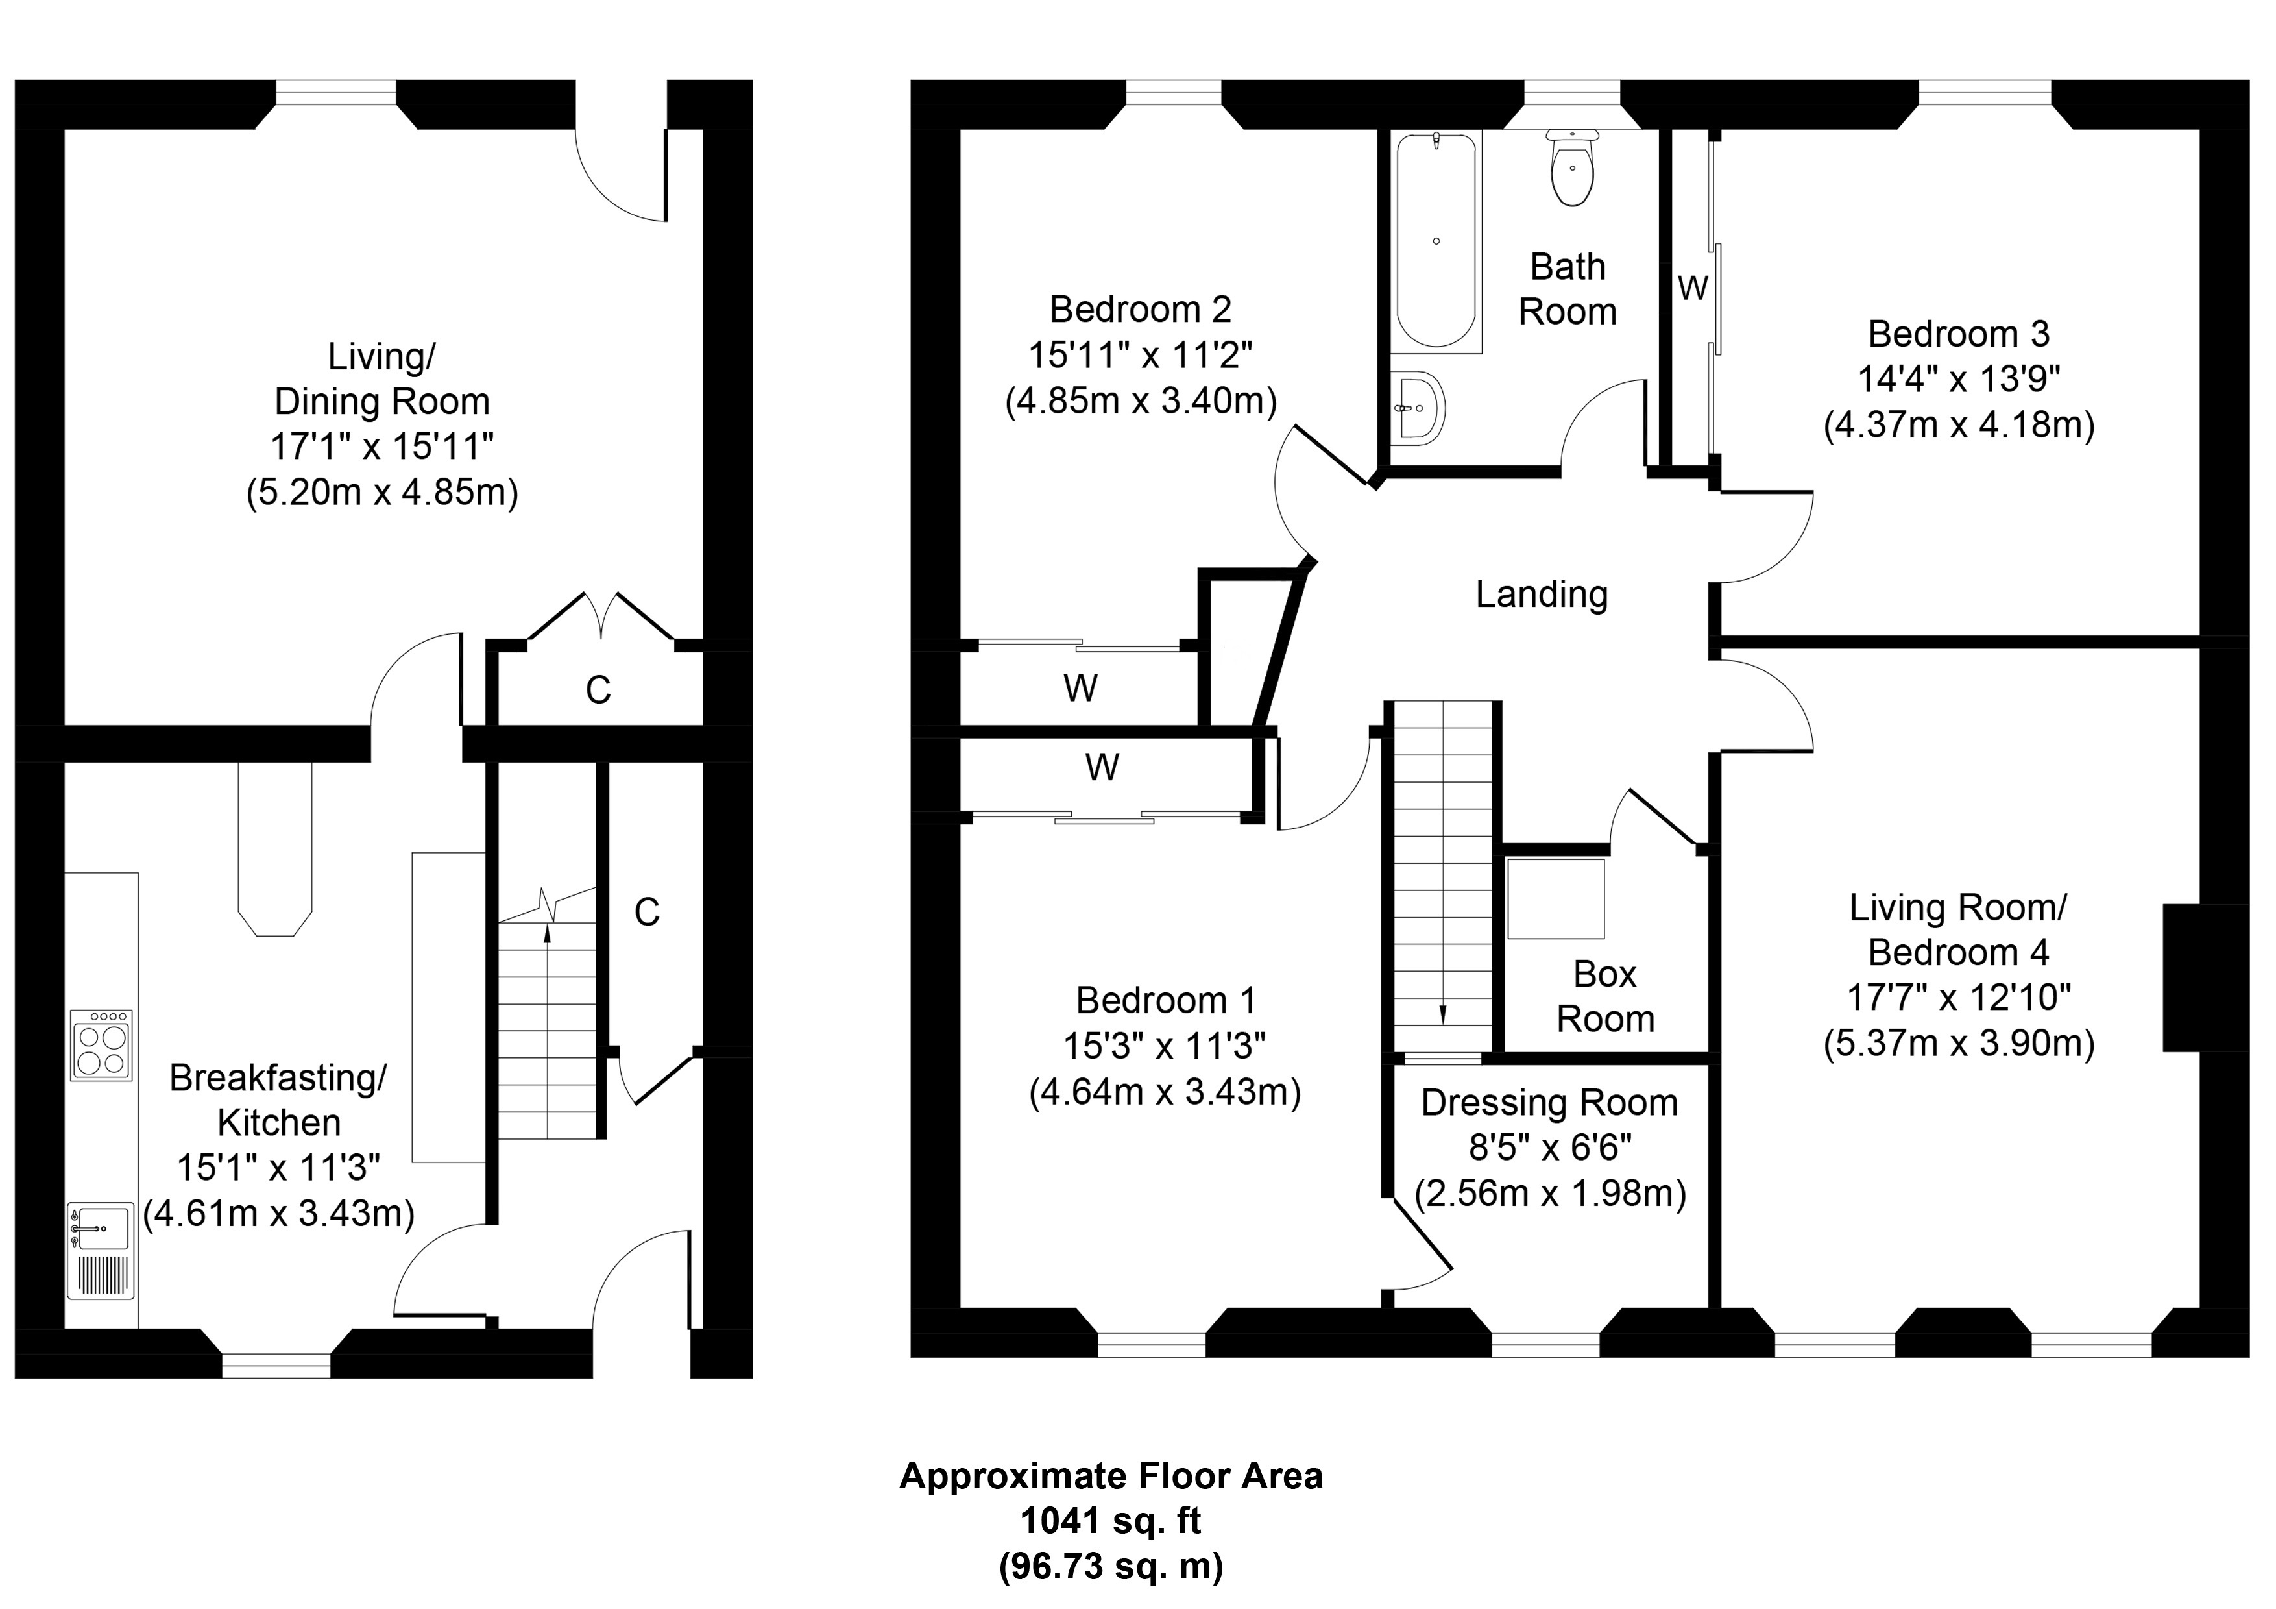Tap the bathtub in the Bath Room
[1436, 240]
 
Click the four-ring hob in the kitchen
[101, 1045]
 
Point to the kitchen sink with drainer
[100, 1251]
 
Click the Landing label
[1542, 595]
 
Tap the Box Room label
[1605, 996]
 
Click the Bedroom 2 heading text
[1140, 310]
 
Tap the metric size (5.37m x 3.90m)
[1958, 1043]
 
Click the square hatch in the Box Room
[1555, 898]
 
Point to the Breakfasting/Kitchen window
[276, 1366]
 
